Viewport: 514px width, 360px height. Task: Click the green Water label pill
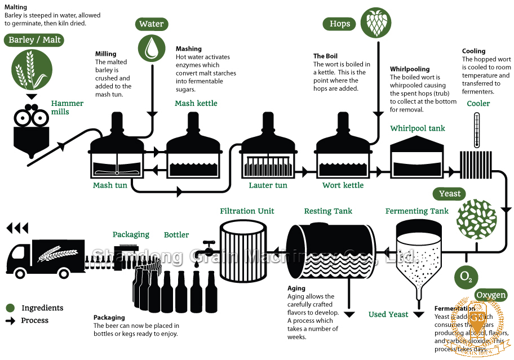click(x=152, y=24)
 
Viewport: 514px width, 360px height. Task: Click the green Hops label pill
click(x=340, y=24)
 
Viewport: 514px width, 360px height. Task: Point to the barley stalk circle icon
click(x=27, y=69)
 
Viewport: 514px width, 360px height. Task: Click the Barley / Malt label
click(x=35, y=40)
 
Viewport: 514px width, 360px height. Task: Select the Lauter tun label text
click(x=268, y=185)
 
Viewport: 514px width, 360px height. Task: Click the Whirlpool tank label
click(x=418, y=128)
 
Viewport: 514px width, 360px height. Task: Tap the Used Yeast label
click(x=388, y=314)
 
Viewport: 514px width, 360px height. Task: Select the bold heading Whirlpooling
click(x=410, y=69)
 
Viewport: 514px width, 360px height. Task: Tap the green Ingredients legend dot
click(x=10, y=308)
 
